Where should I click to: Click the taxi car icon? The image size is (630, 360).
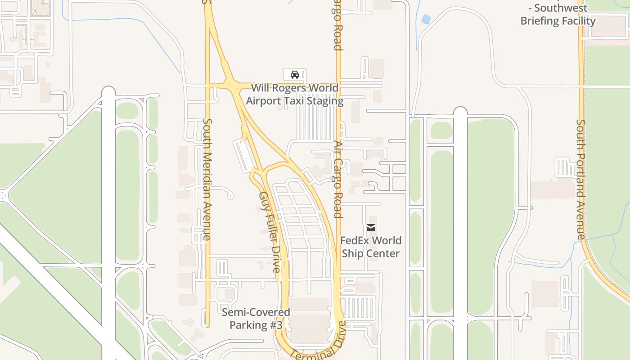pos(295,75)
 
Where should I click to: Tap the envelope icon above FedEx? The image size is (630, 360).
pos(371,228)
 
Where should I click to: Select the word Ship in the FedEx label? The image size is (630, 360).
pos(352,253)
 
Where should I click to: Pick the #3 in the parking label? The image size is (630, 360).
pos(274,325)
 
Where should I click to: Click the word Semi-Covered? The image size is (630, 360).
pos(256,312)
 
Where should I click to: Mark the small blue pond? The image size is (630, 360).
pos(426,19)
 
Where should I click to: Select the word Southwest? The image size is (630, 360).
pos(561,8)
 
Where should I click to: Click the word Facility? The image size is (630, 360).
pos(578,21)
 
